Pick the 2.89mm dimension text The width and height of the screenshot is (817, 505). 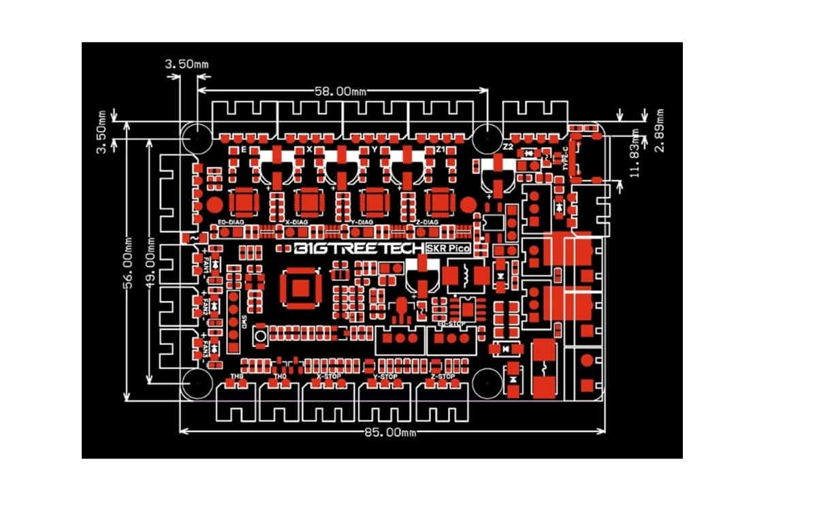659,130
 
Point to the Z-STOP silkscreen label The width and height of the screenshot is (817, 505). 443,376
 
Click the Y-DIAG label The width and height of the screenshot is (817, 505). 361,222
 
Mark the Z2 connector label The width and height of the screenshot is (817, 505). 507,148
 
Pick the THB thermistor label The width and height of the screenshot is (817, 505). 237,376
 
